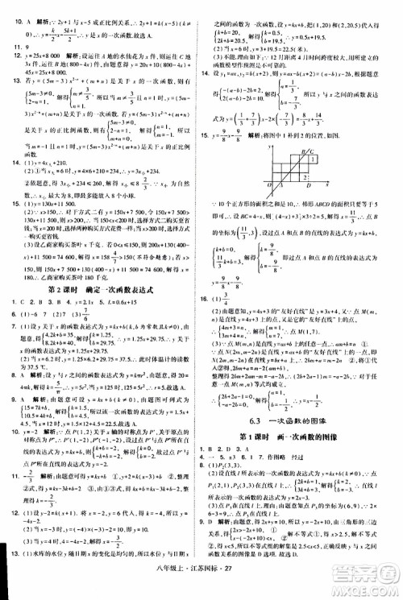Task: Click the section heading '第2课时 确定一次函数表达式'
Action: click(x=101, y=268)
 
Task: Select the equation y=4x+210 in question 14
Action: click(x=53, y=130)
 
